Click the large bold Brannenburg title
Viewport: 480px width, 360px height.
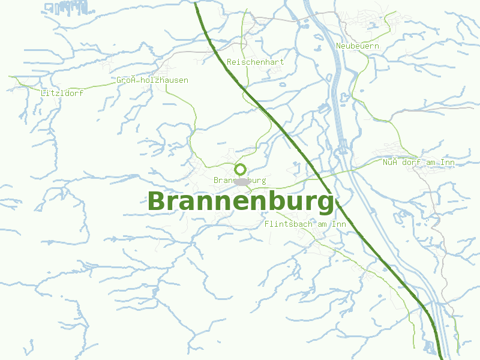tap(240, 202)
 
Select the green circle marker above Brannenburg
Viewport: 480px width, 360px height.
tap(240, 169)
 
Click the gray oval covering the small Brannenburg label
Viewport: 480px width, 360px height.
tap(241, 181)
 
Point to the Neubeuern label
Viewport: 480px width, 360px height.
tap(358, 46)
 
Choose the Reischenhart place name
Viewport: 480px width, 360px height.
tap(256, 62)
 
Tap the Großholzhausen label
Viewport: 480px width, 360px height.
tap(152, 80)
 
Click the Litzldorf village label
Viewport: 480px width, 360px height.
tap(62, 93)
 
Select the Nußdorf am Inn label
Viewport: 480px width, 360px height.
tap(419, 162)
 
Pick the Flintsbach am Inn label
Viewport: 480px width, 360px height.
tap(305, 224)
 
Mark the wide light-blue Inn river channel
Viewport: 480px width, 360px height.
tap(340, 120)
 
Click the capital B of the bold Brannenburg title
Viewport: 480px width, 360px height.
tap(157, 202)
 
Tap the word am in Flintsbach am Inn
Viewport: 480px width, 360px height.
tap(322, 224)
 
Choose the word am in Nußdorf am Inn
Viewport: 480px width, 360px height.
tap(430, 162)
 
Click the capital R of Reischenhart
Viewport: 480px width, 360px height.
tap(230, 62)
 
